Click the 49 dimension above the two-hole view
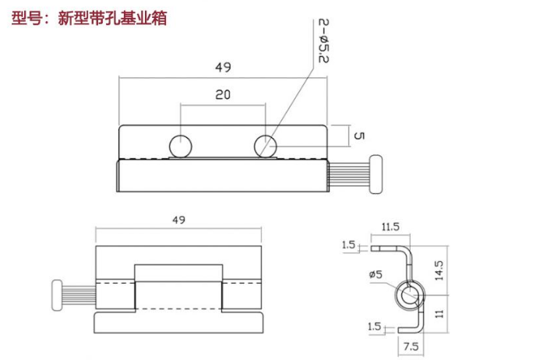223,68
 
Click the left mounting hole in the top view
181,145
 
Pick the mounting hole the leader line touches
266,145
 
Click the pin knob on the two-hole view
378,175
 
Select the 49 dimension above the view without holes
178,221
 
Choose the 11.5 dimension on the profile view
390,227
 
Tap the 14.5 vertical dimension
440,270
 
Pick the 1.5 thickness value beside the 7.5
376,326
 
